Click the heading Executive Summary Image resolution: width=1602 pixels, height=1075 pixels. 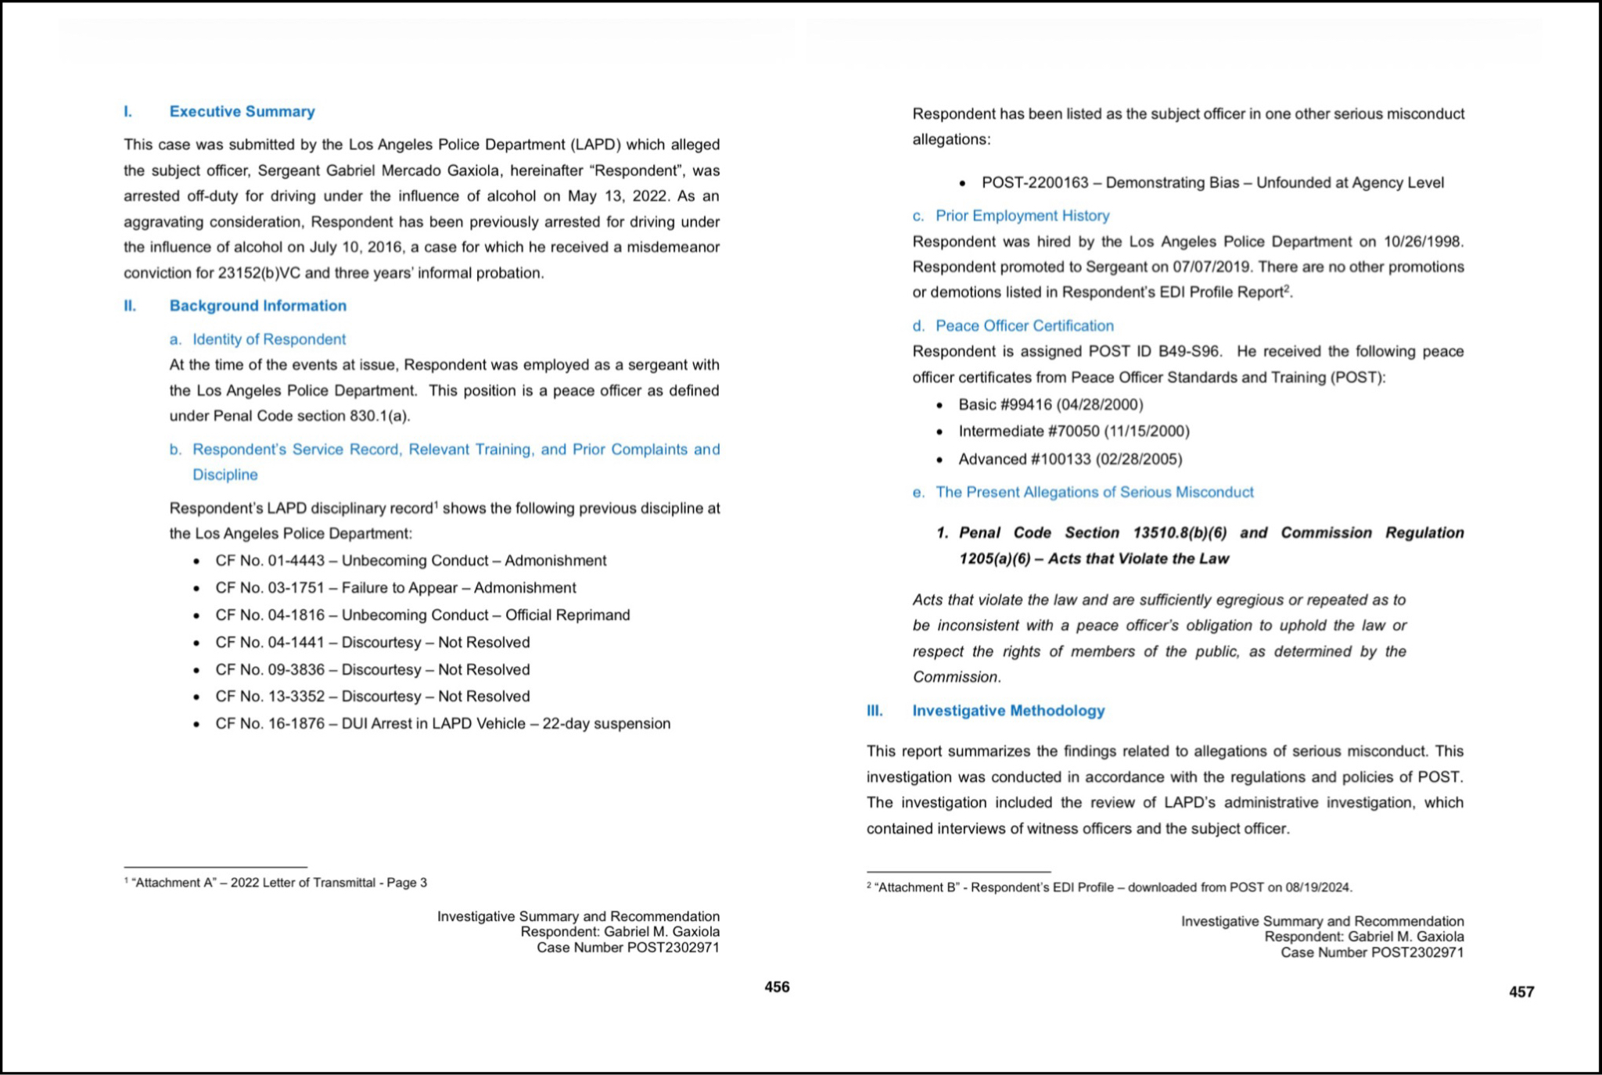coord(242,112)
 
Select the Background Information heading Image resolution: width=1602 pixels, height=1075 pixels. coord(257,306)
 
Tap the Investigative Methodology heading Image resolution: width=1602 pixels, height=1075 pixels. coord(1008,711)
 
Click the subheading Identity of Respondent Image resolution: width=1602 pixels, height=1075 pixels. coord(268,339)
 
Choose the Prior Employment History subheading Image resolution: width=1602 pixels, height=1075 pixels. coord(1022,216)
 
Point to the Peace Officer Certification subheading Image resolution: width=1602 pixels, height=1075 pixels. coord(1024,326)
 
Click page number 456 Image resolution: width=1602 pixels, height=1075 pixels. coord(777,987)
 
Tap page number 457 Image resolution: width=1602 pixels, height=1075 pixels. coord(1521,992)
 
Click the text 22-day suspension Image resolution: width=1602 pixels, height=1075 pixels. coord(606,724)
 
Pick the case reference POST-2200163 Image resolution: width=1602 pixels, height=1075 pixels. coord(1035,183)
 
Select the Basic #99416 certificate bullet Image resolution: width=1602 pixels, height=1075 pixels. coord(1050,405)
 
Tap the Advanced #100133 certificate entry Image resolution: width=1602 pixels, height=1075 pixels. coord(1069,460)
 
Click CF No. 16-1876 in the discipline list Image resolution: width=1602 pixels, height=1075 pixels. coord(270,724)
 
